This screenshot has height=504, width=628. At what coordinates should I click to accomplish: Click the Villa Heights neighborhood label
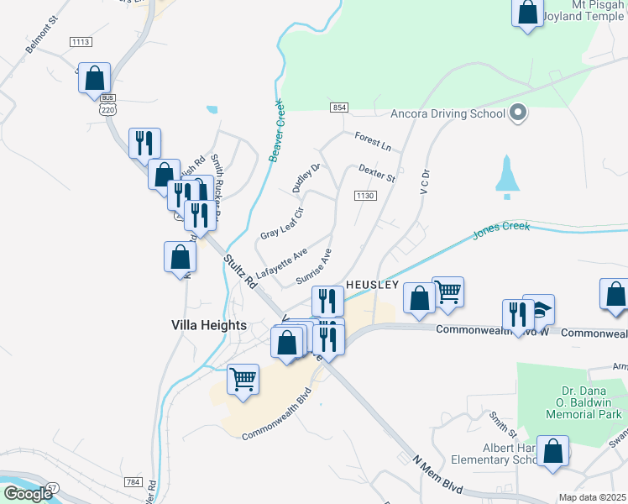(x=208, y=325)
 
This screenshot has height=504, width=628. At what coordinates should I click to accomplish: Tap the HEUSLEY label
(x=371, y=285)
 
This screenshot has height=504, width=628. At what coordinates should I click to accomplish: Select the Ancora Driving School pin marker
(x=518, y=113)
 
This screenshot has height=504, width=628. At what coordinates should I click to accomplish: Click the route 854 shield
(x=339, y=108)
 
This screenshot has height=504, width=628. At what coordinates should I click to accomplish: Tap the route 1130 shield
(x=364, y=196)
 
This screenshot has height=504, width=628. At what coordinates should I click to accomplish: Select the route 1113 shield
(x=81, y=42)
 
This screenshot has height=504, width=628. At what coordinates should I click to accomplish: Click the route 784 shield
(x=133, y=481)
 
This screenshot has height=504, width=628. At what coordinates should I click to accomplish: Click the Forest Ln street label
(x=373, y=142)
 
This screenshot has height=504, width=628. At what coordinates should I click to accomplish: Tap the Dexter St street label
(x=376, y=173)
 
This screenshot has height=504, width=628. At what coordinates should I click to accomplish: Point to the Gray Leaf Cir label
(x=280, y=223)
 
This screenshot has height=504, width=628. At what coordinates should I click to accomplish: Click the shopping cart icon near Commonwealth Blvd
(x=243, y=378)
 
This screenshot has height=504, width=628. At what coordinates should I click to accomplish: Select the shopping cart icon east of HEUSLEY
(x=448, y=291)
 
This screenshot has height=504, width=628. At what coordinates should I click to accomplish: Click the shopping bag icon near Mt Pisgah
(x=528, y=13)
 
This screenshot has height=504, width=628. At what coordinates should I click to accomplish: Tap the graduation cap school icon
(x=538, y=309)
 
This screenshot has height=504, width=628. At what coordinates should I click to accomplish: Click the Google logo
(x=28, y=493)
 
